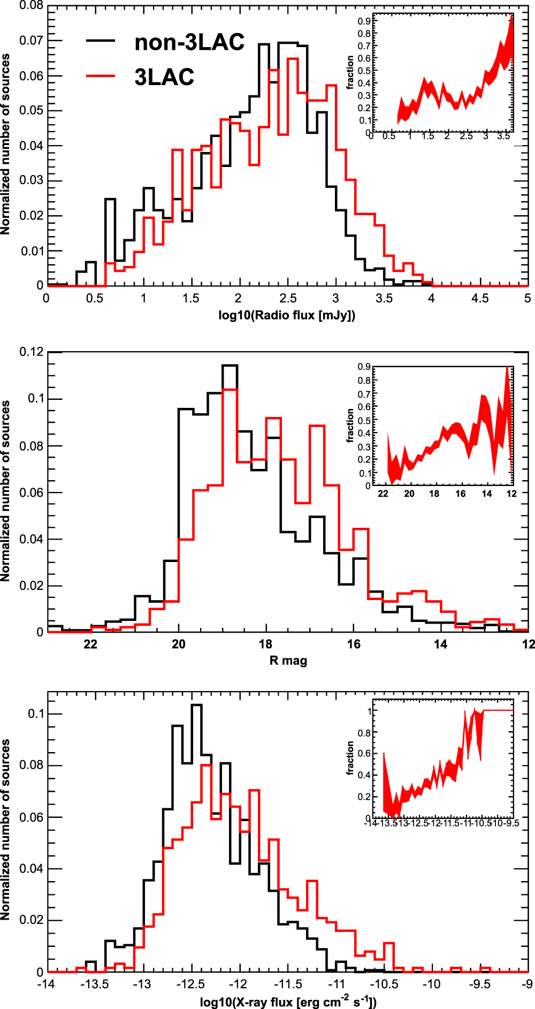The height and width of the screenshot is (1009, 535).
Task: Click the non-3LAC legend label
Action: click(189, 42)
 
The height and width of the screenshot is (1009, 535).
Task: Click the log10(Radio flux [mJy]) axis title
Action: click(287, 315)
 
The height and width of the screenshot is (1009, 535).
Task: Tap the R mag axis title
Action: click(288, 661)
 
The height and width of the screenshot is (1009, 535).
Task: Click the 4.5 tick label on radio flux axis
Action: click(480, 298)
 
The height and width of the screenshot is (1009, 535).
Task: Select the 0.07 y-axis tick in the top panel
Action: click(31, 41)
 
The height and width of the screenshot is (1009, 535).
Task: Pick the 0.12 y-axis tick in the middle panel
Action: click(31, 352)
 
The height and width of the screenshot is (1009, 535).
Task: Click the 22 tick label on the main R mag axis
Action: click(90, 644)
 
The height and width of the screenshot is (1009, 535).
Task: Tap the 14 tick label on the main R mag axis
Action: click(440, 644)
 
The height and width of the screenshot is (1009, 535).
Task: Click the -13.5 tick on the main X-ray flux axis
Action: click(95, 984)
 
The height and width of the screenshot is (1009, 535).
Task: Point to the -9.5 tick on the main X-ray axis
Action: click(480, 984)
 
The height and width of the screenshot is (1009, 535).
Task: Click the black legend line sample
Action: click(101, 41)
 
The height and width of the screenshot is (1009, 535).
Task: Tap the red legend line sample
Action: click(101, 76)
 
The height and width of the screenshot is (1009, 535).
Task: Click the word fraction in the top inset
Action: click(350, 72)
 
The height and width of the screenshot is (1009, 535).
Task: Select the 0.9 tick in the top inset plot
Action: click(364, 21)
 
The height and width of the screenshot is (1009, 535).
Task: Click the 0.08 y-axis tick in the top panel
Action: click(31, 6)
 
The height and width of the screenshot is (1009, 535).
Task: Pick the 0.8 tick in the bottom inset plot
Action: click(364, 733)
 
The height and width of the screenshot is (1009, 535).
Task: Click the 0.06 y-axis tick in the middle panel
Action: click(31, 492)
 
